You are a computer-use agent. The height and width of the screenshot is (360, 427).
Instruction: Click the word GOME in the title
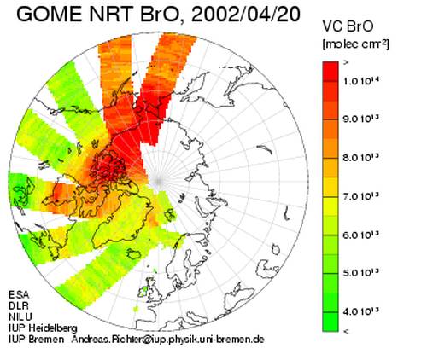pos(50,15)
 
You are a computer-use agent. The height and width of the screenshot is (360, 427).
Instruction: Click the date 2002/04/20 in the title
pos(245,15)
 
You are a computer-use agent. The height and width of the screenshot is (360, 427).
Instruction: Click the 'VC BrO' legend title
pos(348,26)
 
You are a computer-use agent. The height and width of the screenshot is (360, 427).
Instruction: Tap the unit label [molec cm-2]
pos(355,44)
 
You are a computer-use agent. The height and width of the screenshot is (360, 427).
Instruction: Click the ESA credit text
pos(19,294)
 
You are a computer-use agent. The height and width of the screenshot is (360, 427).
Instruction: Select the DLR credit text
pos(19,305)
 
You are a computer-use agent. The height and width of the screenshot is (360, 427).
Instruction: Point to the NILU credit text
pos(20,316)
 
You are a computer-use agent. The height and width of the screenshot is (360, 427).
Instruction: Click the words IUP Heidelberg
pos(43,328)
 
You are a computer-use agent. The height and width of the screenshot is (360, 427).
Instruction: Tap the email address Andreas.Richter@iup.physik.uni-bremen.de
pos(167,340)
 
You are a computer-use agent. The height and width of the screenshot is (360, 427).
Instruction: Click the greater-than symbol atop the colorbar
pos(346,63)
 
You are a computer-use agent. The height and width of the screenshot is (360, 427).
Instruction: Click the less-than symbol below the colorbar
pos(346,331)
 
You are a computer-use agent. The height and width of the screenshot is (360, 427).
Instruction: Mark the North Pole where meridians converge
pos(158,181)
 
